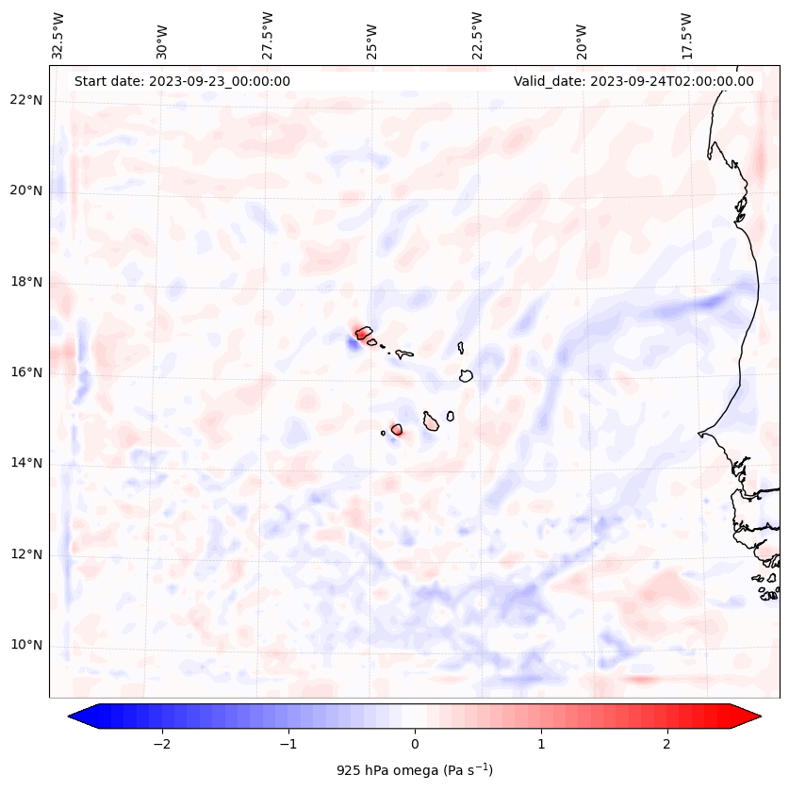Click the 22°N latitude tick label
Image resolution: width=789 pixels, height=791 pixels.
tap(25, 100)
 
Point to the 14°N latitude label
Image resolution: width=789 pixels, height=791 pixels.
tap(25, 463)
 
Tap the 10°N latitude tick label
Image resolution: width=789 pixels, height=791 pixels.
tap(25, 645)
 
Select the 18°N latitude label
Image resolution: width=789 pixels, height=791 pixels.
tap(25, 282)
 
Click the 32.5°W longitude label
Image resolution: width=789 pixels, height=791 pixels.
tap(58, 35)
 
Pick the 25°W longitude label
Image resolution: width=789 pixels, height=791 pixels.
tap(372, 35)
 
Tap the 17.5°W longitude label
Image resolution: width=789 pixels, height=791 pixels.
tap(686, 35)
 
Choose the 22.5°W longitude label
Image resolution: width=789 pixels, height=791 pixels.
tap(476, 35)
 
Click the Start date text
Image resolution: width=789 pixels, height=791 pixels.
tap(182, 81)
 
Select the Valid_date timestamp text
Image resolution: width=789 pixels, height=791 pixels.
tap(633, 81)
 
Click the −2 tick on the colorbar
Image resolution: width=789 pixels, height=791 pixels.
tap(161, 744)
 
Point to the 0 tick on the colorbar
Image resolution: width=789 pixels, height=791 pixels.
tap(415, 744)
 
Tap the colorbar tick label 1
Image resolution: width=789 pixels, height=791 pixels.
tap(541, 744)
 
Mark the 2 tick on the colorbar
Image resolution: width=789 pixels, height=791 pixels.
tap(667, 744)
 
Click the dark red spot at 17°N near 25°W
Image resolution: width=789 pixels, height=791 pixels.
tap(360, 333)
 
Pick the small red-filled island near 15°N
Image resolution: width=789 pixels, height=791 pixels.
tap(397, 430)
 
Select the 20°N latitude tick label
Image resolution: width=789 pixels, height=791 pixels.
tap(25, 190)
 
